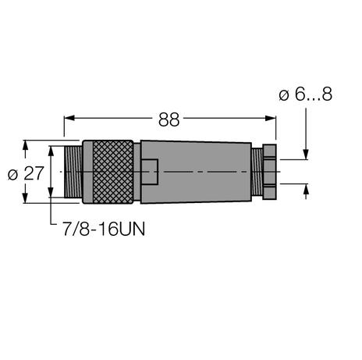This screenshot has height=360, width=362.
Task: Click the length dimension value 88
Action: [169, 119]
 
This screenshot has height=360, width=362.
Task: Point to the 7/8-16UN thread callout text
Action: [102, 230]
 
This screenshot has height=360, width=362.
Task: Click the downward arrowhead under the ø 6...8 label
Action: [305, 154]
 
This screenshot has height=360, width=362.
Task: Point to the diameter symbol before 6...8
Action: [282, 94]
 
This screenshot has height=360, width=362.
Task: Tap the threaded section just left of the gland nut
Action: [254, 172]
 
